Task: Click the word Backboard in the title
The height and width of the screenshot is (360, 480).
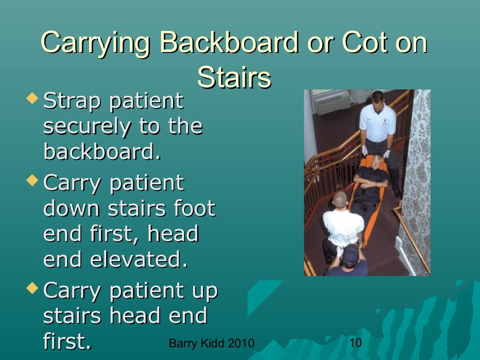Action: point(229,43)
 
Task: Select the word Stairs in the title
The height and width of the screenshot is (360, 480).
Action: point(234,77)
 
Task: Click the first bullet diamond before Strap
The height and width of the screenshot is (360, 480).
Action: point(32,99)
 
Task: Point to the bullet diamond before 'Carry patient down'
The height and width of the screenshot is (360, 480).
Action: point(32,180)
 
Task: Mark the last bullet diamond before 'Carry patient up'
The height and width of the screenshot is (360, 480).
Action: point(32,287)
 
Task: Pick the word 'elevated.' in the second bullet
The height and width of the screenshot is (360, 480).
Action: point(139,260)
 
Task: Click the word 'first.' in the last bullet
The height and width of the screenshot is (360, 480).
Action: point(67,341)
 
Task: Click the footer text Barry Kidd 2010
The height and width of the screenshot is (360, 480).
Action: point(211,344)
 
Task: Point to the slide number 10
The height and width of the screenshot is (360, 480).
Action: point(356,343)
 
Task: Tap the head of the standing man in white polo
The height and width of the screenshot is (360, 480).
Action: point(377,98)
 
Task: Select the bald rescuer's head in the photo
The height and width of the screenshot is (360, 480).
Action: point(340,200)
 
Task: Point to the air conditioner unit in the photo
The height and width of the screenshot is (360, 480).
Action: point(332,101)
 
